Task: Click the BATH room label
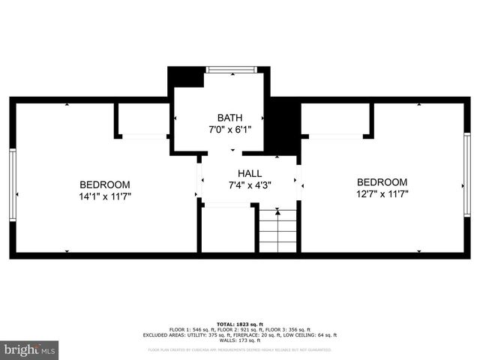[x=229, y=118]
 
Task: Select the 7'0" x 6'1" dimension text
[x=229, y=130]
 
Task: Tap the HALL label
[x=250, y=173]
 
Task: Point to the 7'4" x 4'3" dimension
[x=250, y=185]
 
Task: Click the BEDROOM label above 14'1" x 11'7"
[x=105, y=184]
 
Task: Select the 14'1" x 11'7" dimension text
[x=105, y=196]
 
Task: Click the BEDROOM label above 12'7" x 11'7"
[x=382, y=182]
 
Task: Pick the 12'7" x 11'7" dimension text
[x=382, y=194]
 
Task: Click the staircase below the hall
[x=278, y=232]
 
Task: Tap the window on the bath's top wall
[x=231, y=70]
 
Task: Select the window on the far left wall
[x=12, y=179]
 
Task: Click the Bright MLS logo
[x=30, y=349]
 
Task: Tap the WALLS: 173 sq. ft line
[x=239, y=340]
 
